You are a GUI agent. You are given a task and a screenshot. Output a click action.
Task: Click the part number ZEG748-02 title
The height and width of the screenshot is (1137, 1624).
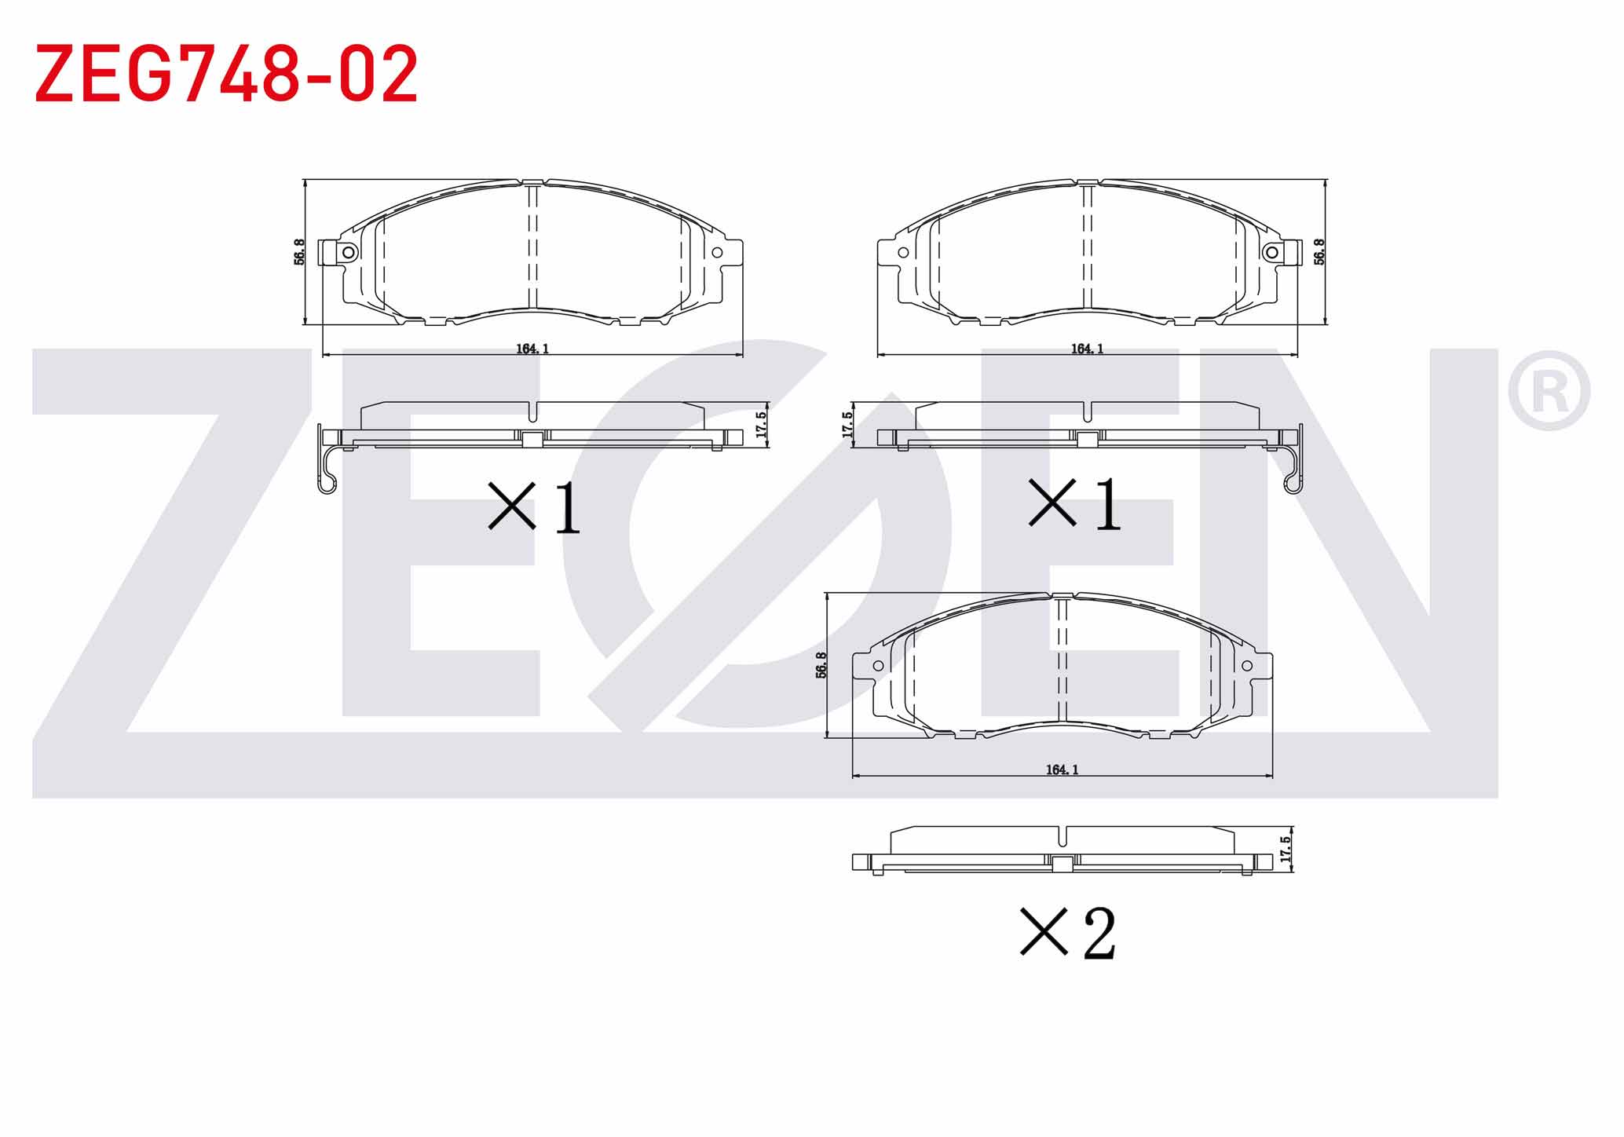pos(226,75)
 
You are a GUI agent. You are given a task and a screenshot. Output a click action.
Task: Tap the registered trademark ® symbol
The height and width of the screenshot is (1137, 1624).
pos(1549,390)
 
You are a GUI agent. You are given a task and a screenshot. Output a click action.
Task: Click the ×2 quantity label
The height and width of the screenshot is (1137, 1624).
pos(1068,933)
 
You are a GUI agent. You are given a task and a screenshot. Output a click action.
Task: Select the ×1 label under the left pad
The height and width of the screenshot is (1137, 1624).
pos(534,507)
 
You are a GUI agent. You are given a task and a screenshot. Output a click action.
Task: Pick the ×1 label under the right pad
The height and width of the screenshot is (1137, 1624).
pos(1074,505)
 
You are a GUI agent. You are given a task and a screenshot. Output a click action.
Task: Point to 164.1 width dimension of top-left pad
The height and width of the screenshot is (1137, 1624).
pos(532,349)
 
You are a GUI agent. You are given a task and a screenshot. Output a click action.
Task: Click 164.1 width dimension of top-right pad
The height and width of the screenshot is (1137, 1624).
pos(1088,349)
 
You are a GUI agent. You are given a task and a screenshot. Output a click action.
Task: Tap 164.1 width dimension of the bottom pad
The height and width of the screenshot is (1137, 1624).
pos(1062,770)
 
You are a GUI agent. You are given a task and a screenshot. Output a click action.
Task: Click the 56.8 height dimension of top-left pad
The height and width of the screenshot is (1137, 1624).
pos(299,252)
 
